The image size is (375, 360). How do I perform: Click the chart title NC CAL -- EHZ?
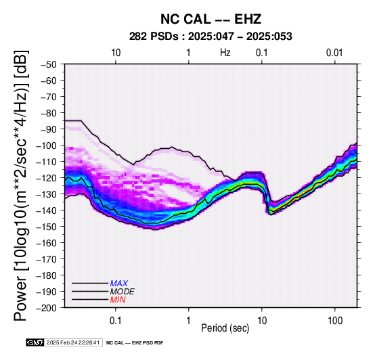pos(211,19)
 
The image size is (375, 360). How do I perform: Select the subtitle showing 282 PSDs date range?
pos(211,37)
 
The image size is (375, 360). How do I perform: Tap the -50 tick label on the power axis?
pos(49,64)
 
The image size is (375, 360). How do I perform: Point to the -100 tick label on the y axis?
pos(47,145)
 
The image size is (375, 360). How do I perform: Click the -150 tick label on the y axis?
pos(47,227)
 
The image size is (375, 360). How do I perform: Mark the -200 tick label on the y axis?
pos(47,308)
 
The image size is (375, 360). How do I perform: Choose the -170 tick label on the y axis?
pos(47,259)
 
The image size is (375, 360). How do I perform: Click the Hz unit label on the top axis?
pos(225,53)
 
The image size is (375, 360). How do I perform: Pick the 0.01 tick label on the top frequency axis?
pos(334,53)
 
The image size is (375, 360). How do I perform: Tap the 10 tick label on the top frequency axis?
pos(116,53)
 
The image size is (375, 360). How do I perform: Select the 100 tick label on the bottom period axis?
pos(335,321)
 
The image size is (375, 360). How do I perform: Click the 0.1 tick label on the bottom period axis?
pos(116,321)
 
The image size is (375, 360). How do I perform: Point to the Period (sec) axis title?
pos(225,328)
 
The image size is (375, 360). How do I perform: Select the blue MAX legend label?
pos(119,284)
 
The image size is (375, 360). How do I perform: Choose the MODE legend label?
pos(123,292)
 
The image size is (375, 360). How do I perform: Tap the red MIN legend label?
pos(118,300)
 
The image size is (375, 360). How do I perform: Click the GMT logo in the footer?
pos(35,342)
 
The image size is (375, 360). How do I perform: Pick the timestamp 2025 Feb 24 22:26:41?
pos(73,342)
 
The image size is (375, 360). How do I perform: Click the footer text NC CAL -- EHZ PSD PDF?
pos(135,343)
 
